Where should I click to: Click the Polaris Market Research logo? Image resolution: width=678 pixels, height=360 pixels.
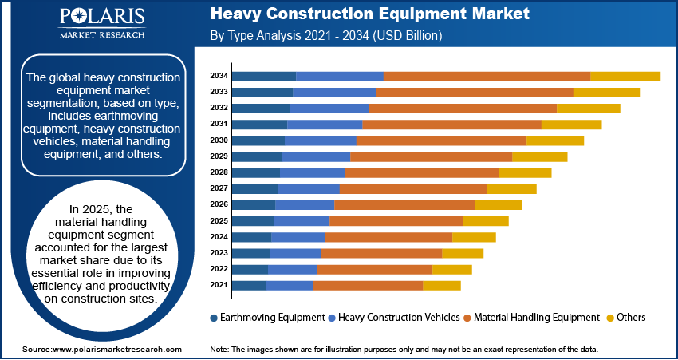101,25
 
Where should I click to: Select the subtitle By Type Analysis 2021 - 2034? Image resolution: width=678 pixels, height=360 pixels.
325,36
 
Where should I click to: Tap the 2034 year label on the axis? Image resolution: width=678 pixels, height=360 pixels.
219,76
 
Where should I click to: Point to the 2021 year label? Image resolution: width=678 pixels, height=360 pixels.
219,285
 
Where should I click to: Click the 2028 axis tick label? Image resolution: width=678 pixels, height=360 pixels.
219,172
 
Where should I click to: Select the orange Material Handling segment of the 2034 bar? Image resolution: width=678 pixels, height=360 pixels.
487,76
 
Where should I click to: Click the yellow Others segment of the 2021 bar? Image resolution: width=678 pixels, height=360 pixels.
441,285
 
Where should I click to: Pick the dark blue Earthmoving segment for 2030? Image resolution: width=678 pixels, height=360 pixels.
258,140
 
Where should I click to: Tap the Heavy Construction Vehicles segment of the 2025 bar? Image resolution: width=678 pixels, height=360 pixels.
302,220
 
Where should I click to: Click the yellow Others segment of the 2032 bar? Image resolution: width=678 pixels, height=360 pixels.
588,108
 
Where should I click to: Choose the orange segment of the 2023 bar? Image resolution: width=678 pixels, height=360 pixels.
380,253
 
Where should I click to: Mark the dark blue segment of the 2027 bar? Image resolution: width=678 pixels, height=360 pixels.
254,188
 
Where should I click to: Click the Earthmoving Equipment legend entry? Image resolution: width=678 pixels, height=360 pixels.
266,317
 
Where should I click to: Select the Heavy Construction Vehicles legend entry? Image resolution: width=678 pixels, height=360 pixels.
394,317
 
